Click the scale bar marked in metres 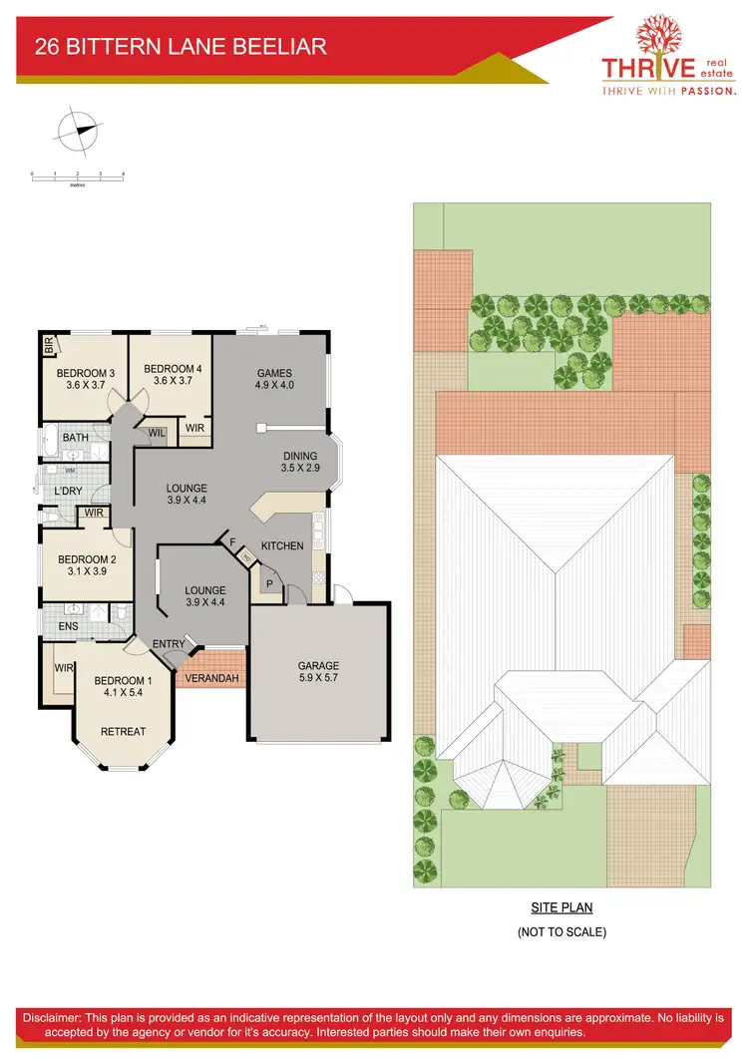pos(77,176)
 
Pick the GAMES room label pos(274,379)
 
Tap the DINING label pos(300,461)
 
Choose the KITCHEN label pos(282,546)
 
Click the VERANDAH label pos(212,679)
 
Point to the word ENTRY pos(170,644)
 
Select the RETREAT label pos(123,732)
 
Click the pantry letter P pos(269,584)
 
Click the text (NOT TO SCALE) pos(561,932)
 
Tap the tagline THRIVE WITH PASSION pos(668,90)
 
